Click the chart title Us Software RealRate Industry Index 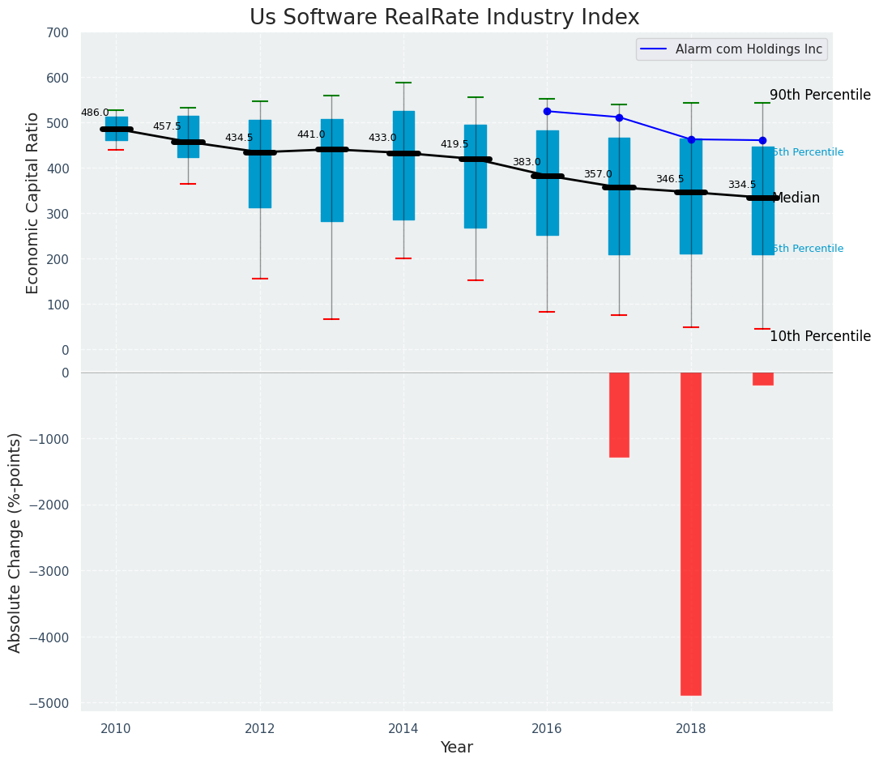444,18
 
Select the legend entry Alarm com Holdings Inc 732,49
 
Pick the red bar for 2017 619,415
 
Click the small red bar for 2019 762,379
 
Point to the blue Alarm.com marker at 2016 547,111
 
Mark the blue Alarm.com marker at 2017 619,117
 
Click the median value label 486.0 95,113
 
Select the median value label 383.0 526,163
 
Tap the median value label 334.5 741,185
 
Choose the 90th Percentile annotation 820,96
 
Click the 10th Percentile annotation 820,337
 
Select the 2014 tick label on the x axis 403,729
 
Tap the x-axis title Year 456,748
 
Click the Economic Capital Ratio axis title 33,203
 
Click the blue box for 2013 331,170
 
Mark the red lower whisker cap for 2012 260,279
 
